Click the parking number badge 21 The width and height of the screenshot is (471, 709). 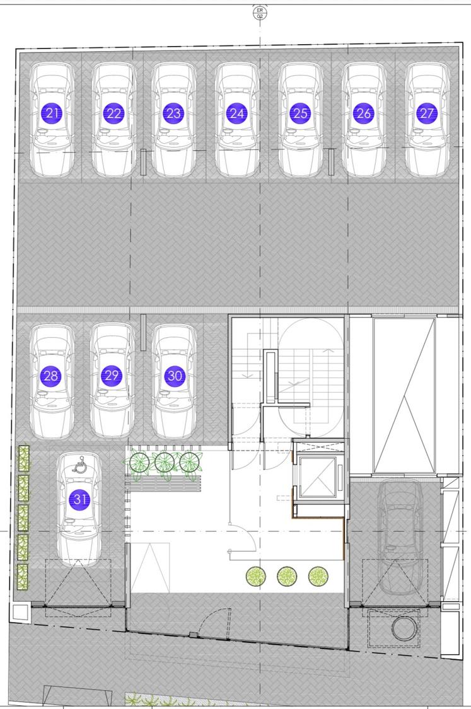pyautogui.click(x=52, y=113)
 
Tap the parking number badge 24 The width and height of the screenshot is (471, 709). pyautogui.click(x=236, y=113)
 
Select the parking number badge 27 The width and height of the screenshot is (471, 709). pyautogui.click(x=427, y=113)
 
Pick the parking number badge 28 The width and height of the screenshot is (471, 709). pyautogui.click(x=52, y=376)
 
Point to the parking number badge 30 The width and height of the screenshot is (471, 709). pyautogui.click(x=175, y=376)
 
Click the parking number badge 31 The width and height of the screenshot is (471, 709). pyautogui.click(x=79, y=500)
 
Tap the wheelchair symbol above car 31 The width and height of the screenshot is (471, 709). pyautogui.click(x=80, y=465)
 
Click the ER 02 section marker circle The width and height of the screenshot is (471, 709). pyautogui.click(x=260, y=13)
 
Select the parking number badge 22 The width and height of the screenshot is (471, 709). pyautogui.click(x=113, y=113)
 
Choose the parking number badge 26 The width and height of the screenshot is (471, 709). pyautogui.click(x=364, y=113)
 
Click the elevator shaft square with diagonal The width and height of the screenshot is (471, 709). pyautogui.click(x=318, y=477)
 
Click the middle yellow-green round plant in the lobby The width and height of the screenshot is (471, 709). pyautogui.click(x=287, y=577)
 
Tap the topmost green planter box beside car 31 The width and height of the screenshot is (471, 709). pyautogui.click(x=23, y=459)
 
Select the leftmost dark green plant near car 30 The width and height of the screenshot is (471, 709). pyautogui.click(x=139, y=463)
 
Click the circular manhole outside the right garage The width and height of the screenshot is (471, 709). pyautogui.click(x=404, y=629)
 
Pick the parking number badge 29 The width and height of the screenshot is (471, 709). pyautogui.click(x=112, y=376)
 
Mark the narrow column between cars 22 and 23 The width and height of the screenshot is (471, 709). pyautogui.click(x=143, y=162)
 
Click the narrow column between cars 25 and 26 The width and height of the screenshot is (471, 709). pyautogui.click(x=331, y=162)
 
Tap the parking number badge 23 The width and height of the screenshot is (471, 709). pyautogui.click(x=174, y=113)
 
